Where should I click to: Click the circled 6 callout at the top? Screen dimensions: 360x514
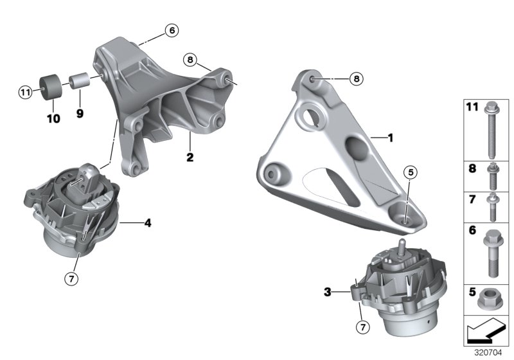171,30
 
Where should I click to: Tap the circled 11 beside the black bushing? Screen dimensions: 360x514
24,93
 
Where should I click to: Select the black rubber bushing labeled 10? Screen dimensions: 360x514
50,87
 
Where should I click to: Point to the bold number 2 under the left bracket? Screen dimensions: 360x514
191,156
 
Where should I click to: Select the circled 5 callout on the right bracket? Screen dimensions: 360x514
410,172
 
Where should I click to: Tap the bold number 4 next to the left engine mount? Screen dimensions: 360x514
148,224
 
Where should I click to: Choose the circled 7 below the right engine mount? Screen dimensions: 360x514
364,328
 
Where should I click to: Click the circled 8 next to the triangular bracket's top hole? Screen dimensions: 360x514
357,78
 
